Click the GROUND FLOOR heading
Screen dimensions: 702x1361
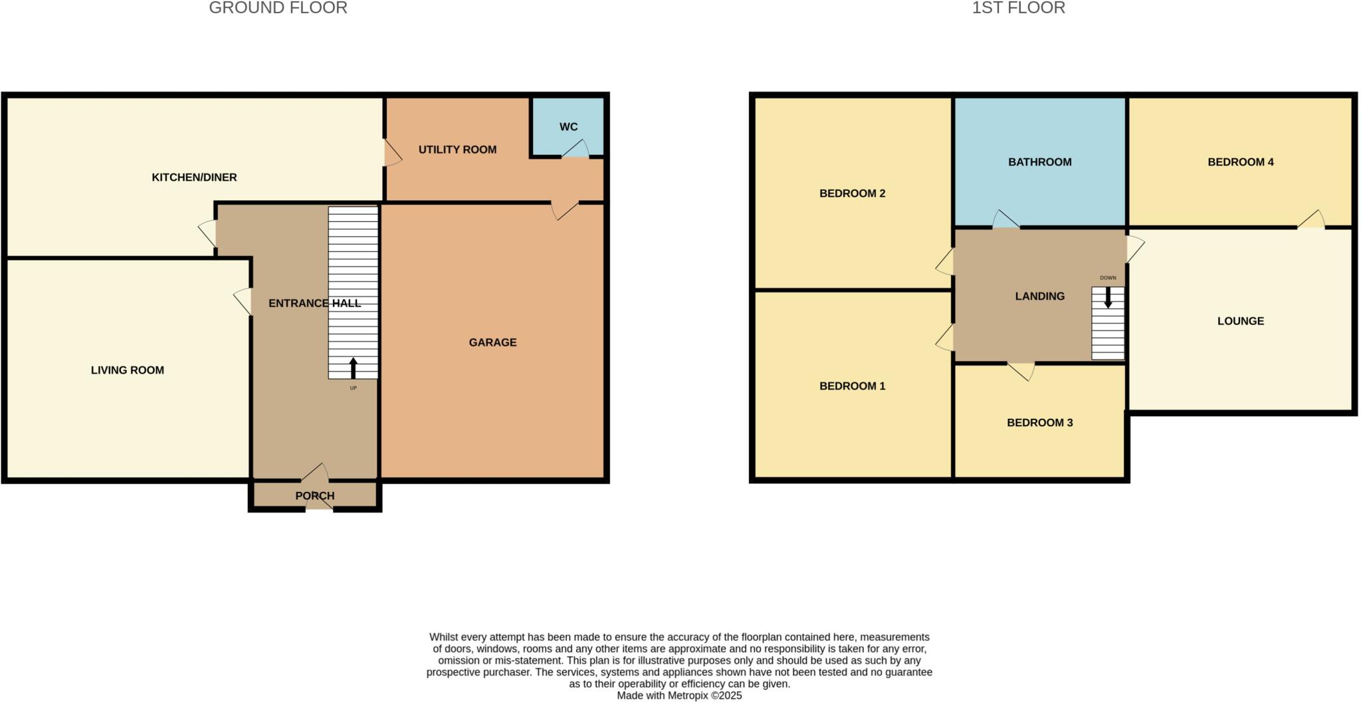pyautogui.click(x=278, y=8)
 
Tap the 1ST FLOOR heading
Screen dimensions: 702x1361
pyautogui.click(x=1018, y=8)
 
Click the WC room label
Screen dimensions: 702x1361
pyautogui.click(x=568, y=127)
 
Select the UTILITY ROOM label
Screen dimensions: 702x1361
pyautogui.click(x=457, y=150)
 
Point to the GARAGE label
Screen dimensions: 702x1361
pyautogui.click(x=492, y=342)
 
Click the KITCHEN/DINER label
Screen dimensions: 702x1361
pyautogui.click(x=194, y=177)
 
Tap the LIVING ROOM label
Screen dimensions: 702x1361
pyautogui.click(x=128, y=370)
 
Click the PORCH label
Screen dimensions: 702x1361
pyautogui.click(x=314, y=496)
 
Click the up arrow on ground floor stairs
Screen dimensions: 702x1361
pyautogui.click(x=353, y=368)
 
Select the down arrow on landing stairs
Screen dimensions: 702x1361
pyautogui.click(x=1108, y=297)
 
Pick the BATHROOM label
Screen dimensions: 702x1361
pyautogui.click(x=1039, y=162)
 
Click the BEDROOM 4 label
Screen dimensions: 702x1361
pyautogui.click(x=1240, y=162)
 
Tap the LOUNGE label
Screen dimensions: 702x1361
pyautogui.click(x=1240, y=321)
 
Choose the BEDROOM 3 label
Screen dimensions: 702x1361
pyautogui.click(x=1039, y=423)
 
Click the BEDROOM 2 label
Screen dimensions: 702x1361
pyautogui.click(x=852, y=193)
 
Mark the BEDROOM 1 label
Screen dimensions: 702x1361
pyautogui.click(x=852, y=386)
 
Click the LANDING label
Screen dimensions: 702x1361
pyautogui.click(x=1039, y=296)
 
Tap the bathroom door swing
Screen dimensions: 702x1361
pyautogui.click(x=1005, y=220)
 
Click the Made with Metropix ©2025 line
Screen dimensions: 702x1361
pyautogui.click(x=679, y=696)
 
